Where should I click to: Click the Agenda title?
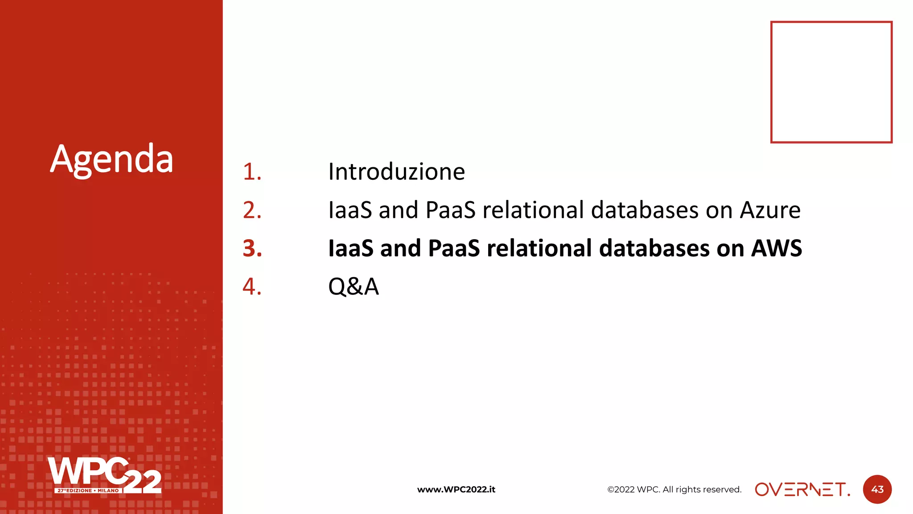[111, 159]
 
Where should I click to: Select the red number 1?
[252, 172]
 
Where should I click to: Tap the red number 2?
[252, 210]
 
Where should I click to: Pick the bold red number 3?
[252, 249]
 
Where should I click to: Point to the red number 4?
[252, 286]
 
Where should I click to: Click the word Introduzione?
[396, 172]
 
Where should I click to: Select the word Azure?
[770, 210]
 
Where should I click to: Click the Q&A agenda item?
[353, 286]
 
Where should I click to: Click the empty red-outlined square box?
[831, 82]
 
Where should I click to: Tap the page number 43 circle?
[877, 489]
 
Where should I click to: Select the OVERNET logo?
[802, 489]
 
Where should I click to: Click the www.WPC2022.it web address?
[456, 489]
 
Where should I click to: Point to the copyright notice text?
[674, 489]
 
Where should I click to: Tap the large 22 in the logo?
[143, 482]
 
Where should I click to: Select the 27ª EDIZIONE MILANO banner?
[88, 490]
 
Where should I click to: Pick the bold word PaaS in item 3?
[453, 249]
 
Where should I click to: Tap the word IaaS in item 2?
[350, 210]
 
